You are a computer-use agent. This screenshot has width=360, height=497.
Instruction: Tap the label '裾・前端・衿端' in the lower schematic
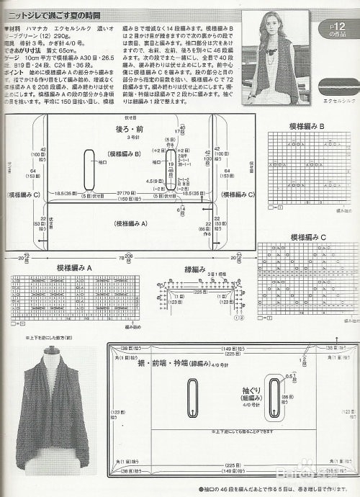point(170,364)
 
